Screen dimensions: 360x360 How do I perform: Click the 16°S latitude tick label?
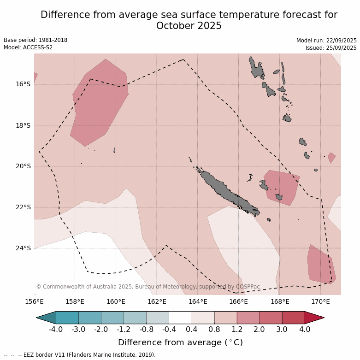[x=23, y=84]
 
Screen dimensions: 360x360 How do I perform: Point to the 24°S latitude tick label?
[x=23, y=248]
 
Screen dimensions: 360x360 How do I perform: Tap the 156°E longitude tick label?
[x=34, y=302]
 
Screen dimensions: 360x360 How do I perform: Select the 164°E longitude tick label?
[x=198, y=302]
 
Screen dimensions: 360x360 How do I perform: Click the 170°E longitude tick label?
[x=320, y=302]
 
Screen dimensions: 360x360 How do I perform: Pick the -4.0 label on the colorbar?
[x=56, y=329]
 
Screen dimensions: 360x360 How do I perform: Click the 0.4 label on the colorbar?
[x=192, y=329]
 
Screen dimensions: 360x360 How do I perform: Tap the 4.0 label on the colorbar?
[x=305, y=329]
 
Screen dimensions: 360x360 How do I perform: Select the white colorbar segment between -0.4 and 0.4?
[x=180, y=318]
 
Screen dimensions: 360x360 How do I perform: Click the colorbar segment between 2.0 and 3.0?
[x=271, y=318]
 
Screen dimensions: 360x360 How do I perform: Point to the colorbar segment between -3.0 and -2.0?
[x=89, y=318]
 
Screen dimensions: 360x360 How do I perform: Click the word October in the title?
[x=173, y=26]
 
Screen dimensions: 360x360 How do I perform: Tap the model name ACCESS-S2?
[x=36, y=47]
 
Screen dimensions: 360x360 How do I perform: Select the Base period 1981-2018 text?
[x=35, y=40]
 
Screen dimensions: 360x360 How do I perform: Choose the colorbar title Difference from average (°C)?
[x=180, y=342]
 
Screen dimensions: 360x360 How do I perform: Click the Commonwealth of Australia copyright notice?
[x=148, y=287]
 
